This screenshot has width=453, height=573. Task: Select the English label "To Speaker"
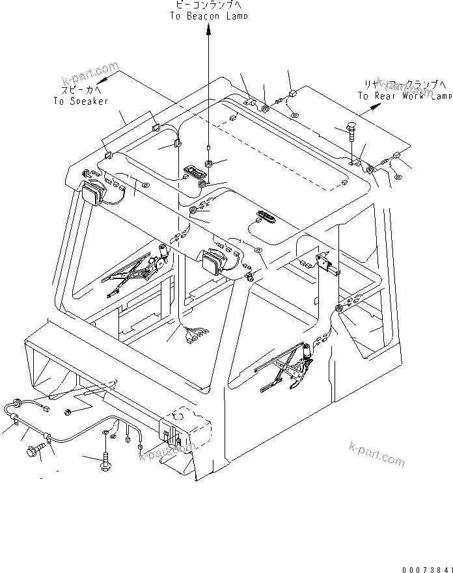81,101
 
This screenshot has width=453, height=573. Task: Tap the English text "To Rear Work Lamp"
404,96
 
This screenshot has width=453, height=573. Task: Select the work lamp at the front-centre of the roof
213,263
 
